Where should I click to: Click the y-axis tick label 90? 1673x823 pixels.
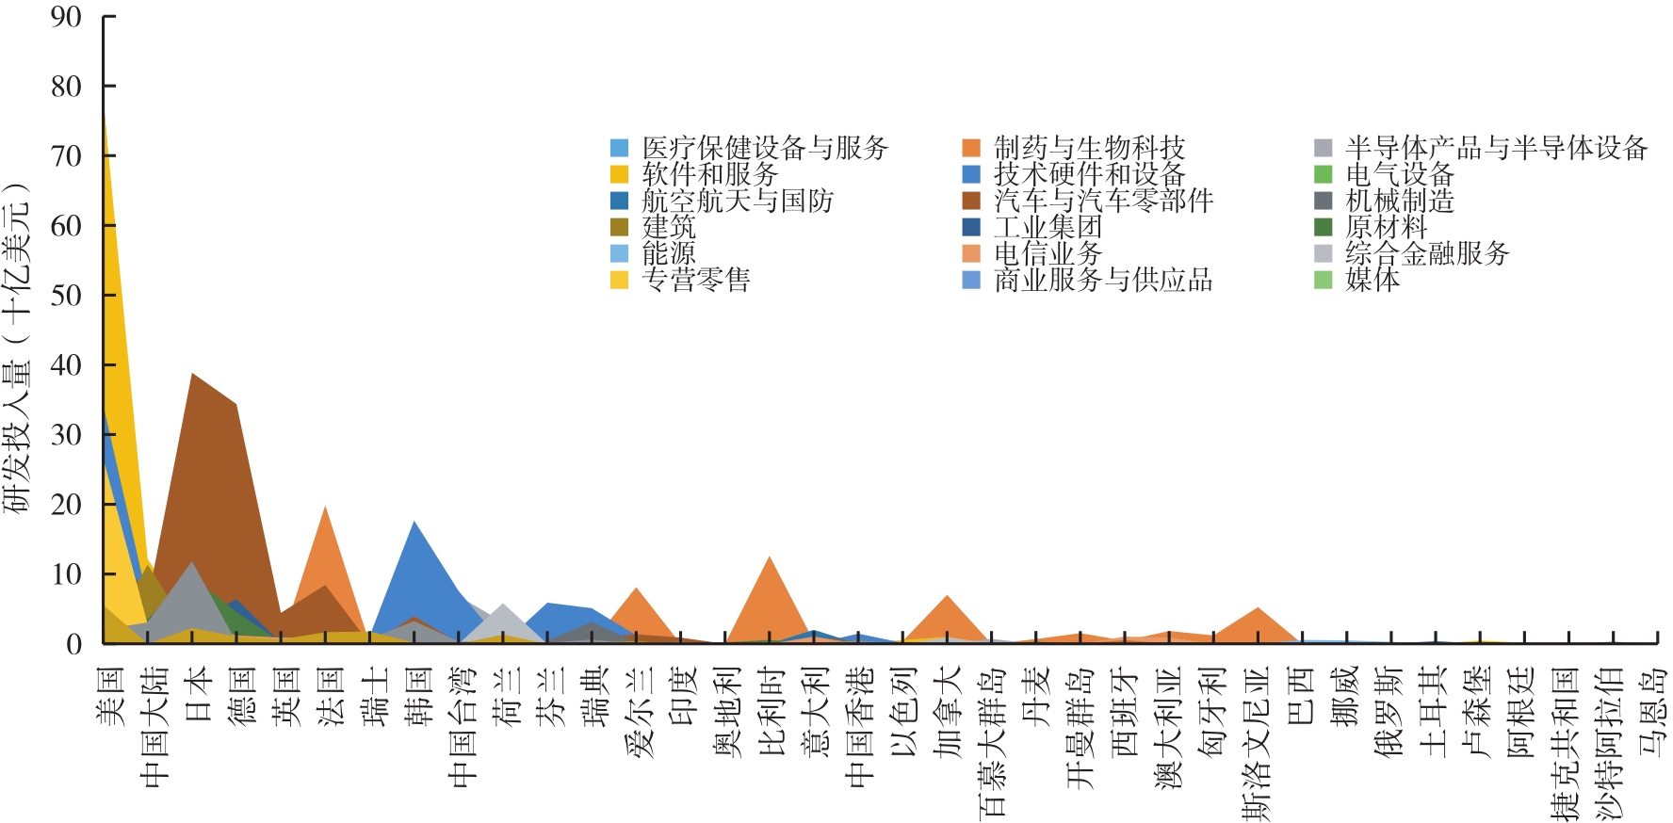66,17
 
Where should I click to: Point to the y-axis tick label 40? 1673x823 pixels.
66,365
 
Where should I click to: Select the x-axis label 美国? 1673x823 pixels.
110,696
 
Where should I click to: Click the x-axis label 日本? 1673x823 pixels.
199,696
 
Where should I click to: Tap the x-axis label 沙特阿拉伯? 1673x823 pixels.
1611,744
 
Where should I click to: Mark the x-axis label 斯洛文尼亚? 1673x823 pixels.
1257,744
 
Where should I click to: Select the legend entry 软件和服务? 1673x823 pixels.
709,174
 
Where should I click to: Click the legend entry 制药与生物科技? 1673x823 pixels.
1089,148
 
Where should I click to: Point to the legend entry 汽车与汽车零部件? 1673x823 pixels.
1103,201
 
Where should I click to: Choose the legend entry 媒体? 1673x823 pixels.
1373,280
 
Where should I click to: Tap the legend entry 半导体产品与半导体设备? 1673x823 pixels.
1496,148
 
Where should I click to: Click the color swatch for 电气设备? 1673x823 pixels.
1324,174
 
